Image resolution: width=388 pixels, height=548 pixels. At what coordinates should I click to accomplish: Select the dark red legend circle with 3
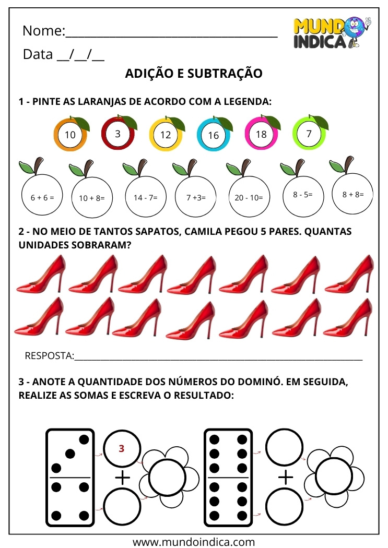pyautogui.click(x=118, y=134)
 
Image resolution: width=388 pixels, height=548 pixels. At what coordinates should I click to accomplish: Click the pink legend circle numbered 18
pyautogui.click(x=261, y=134)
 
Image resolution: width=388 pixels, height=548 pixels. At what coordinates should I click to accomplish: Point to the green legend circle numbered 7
pyautogui.click(x=309, y=134)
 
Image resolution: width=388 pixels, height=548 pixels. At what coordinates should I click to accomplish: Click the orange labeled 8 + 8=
pyautogui.click(x=353, y=194)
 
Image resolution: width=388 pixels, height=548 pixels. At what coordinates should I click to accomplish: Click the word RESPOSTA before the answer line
pyautogui.click(x=49, y=356)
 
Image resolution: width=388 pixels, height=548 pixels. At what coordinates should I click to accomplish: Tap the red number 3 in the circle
pyautogui.click(x=122, y=448)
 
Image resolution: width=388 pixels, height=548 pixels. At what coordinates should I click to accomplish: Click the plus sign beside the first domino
pyautogui.click(x=122, y=477)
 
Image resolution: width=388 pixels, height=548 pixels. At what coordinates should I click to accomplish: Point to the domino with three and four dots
pyautogui.click(x=70, y=477)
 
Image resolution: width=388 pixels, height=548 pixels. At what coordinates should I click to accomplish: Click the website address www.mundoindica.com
pyautogui.click(x=194, y=541)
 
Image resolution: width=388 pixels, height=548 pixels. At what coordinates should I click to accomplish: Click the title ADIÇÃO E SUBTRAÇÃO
pyautogui.click(x=194, y=74)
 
